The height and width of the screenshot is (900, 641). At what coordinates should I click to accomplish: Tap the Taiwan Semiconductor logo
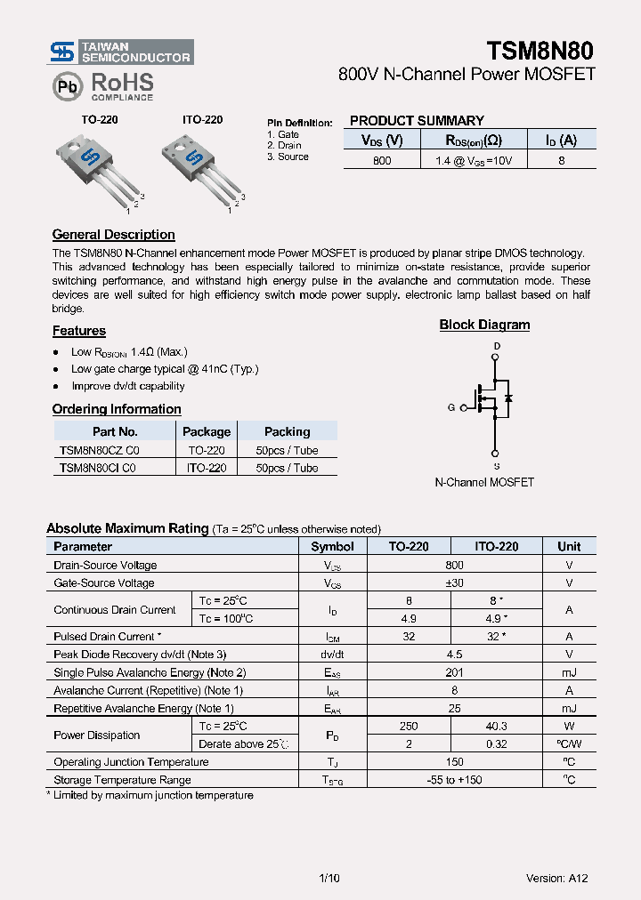[x=120, y=52]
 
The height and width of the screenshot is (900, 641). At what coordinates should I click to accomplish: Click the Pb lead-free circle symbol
[x=67, y=85]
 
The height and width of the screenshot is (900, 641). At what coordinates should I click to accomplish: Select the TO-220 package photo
[x=97, y=165]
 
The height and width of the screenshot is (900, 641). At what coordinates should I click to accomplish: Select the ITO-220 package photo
[x=200, y=165]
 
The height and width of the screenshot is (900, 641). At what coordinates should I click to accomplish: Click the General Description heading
[x=113, y=235]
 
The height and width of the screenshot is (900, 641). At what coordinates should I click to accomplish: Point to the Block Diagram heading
[x=484, y=325]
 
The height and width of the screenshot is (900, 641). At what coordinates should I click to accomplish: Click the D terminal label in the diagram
[x=497, y=346]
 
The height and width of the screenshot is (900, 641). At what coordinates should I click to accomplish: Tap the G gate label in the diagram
[x=451, y=407]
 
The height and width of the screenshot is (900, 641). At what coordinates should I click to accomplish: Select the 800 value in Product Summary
[x=382, y=161]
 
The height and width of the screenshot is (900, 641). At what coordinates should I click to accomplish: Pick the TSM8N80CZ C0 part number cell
[x=99, y=450]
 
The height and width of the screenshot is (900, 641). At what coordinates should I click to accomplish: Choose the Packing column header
[x=287, y=431]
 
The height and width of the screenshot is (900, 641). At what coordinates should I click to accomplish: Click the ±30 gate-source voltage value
[x=454, y=583]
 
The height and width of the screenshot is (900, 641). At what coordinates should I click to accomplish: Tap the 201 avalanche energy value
[x=454, y=672]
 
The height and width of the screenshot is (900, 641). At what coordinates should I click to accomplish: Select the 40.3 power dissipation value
[x=496, y=727]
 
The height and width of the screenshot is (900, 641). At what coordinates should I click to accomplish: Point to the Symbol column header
[x=332, y=546]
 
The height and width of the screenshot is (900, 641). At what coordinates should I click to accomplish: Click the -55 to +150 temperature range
[x=454, y=780]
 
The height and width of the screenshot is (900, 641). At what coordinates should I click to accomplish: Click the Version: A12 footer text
[x=557, y=878]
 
